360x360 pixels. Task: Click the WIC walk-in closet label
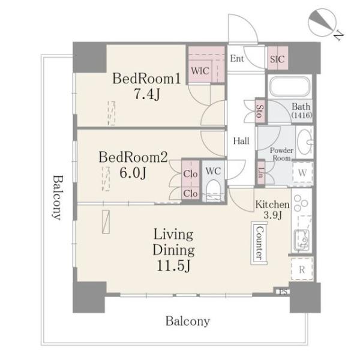pyautogui.click(x=200, y=71)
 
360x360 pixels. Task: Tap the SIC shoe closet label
pyautogui.click(x=277, y=59)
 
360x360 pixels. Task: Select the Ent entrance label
pyautogui.click(x=237, y=58)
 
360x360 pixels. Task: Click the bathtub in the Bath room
pyautogui.click(x=290, y=87)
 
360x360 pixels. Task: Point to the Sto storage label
pyautogui.click(x=260, y=111)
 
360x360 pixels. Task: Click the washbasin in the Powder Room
pyautogui.click(x=304, y=142)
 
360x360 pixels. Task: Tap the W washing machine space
pyautogui.click(x=302, y=172)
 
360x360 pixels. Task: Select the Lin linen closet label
pyautogui.click(x=260, y=172)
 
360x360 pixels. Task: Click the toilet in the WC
pyautogui.click(x=213, y=191)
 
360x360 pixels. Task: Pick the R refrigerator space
pyautogui.click(x=302, y=269)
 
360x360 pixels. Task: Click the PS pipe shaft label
pyautogui.click(x=283, y=292)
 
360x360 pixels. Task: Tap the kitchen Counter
pyautogui.click(x=259, y=243)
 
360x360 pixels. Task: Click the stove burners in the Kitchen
pyautogui.click(x=301, y=203)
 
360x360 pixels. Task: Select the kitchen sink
pyautogui.click(x=302, y=240)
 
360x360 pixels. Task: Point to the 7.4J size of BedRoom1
pyautogui.click(x=147, y=94)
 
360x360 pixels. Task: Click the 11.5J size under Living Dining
pyautogui.click(x=173, y=266)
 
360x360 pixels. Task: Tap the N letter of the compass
pyautogui.click(x=338, y=35)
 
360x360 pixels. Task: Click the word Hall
pyautogui.click(x=241, y=141)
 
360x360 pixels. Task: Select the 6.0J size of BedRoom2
pyautogui.click(x=133, y=173)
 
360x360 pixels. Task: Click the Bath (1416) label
pyautogui.click(x=301, y=110)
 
